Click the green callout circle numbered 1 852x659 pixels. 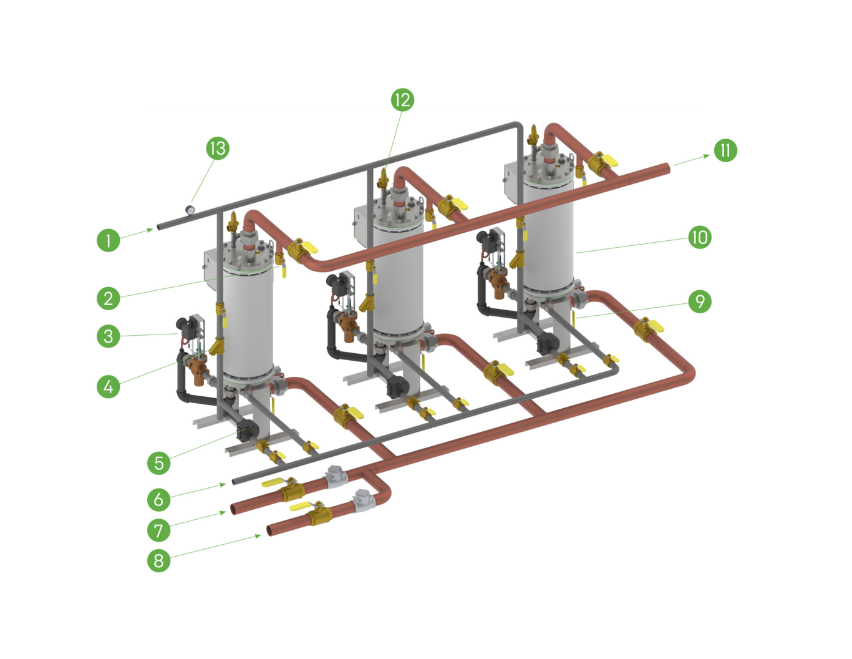(109, 240)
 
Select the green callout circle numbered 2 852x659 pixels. (109, 298)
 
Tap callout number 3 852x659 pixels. (109, 336)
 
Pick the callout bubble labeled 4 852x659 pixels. (109, 387)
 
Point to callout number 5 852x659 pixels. (159, 463)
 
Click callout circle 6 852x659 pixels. (159, 499)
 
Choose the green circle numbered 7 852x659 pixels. (159, 530)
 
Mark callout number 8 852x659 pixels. (159, 560)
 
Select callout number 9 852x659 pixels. (700, 301)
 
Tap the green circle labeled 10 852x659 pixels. (700, 237)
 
